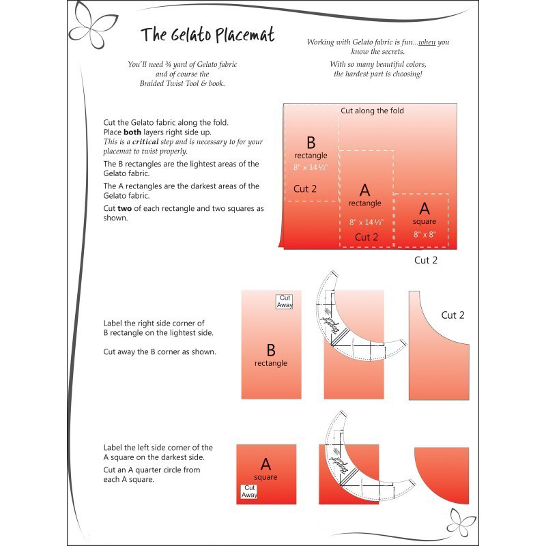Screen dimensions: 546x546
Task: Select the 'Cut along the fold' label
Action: (x=372, y=111)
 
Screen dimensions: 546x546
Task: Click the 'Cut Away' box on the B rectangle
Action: (x=285, y=301)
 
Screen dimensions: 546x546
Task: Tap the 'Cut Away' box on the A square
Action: (x=249, y=491)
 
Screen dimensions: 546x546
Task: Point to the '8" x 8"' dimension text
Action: (x=424, y=234)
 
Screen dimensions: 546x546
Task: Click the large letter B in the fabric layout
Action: (x=311, y=143)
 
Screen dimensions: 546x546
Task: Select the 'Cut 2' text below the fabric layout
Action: (x=425, y=260)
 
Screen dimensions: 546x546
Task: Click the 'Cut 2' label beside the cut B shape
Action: (x=452, y=315)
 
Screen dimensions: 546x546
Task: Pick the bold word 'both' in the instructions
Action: (x=132, y=132)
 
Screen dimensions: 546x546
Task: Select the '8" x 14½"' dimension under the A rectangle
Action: (x=366, y=222)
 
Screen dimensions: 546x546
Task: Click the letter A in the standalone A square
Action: (x=265, y=463)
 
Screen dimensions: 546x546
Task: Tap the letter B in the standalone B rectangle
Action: (x=271, y=350)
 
